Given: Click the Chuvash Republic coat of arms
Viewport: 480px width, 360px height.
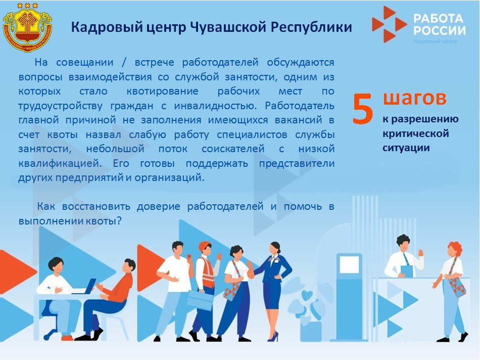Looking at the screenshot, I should coord(27,25).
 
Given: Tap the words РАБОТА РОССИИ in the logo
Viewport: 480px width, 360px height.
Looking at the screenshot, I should coord(439,24).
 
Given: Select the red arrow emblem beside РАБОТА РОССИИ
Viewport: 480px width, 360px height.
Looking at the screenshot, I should coord(388,24).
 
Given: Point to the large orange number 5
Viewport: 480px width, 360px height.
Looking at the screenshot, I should coord(363,108).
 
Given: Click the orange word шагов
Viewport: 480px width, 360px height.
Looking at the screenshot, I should coord(414,98).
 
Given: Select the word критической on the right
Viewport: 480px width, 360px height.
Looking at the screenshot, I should coord(415,134).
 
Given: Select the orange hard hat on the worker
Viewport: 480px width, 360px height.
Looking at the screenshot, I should coord(204,246).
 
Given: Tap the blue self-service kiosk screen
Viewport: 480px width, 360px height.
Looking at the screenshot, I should coord(349,265).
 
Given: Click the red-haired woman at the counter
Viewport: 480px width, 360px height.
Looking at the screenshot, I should coord(453,288).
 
